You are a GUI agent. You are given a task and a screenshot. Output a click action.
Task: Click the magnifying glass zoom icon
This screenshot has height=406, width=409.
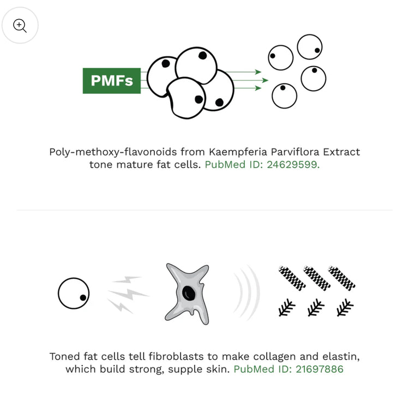20,25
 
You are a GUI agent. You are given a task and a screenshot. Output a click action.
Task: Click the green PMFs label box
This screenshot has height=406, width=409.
112,81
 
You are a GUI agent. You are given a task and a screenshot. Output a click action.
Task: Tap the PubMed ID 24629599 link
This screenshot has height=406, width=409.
262,164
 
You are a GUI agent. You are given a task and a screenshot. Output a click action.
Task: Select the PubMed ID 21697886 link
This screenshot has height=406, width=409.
288,369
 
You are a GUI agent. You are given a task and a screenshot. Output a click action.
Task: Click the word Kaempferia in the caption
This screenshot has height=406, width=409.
238,152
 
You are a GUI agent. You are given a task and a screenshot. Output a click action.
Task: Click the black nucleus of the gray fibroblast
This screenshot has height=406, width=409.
189,293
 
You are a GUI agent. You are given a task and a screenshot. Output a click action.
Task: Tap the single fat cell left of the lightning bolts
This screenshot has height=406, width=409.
74,293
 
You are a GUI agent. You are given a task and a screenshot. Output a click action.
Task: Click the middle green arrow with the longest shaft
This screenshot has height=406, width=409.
250,80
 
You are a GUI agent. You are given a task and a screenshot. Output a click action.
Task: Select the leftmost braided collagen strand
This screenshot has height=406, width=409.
292,278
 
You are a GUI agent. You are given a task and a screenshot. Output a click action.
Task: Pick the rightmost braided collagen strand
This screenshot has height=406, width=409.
341,278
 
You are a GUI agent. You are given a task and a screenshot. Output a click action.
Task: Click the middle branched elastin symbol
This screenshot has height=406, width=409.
316,307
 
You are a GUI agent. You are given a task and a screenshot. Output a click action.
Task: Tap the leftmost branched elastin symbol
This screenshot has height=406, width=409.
287,307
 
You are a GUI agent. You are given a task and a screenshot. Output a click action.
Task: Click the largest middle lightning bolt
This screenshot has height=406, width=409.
128,294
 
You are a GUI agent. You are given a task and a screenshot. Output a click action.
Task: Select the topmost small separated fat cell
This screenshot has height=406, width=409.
310,47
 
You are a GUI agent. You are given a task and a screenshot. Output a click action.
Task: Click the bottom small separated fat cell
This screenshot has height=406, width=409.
284,96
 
